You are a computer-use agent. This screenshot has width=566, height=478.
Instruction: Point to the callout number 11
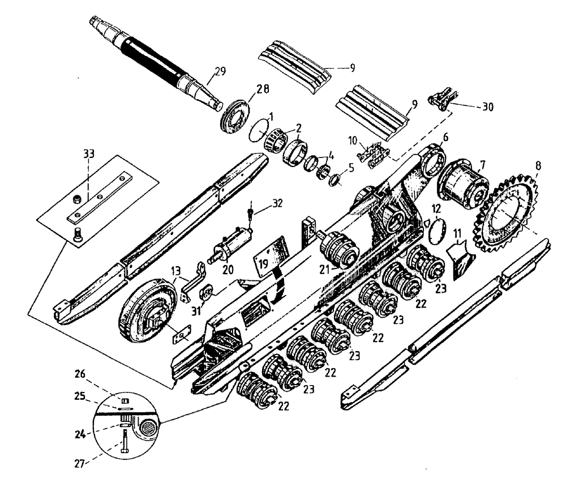pos(457,232)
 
